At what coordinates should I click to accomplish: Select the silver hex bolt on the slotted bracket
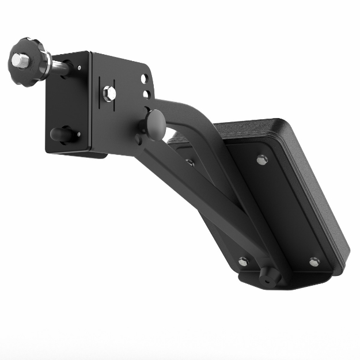coord(109,93)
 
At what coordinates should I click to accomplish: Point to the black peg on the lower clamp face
coord(62,134)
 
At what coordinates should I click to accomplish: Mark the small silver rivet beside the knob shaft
coord(78,69)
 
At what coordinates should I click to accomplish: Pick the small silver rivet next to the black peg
coord(79,134)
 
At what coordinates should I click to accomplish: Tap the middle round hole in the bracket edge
coord(147,94)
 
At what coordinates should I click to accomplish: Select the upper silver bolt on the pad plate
coord(262,160)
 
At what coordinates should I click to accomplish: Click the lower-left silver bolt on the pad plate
coord(243,261)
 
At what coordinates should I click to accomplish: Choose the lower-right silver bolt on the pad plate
coord(314,262)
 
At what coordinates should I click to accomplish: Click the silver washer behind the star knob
coord(45,63)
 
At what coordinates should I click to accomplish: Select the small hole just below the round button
coord(138,138)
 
